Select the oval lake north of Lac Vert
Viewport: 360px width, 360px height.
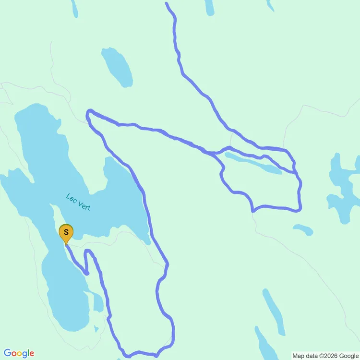coord(117,67)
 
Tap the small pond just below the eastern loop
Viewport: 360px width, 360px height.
coord(303,229)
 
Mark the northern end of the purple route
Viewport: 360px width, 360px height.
coord(166,3)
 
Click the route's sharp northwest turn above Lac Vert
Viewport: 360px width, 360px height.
coord(88,113)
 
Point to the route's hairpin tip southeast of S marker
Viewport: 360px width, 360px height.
coord(87,273)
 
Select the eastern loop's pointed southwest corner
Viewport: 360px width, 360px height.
coord(252,210)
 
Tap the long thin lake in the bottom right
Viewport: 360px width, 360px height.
coord(274,312)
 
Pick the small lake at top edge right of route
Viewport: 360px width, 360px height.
coord(209,7)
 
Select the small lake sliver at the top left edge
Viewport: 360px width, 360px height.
coord(74,8)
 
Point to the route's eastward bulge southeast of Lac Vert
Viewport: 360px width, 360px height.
coord(167,264)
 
